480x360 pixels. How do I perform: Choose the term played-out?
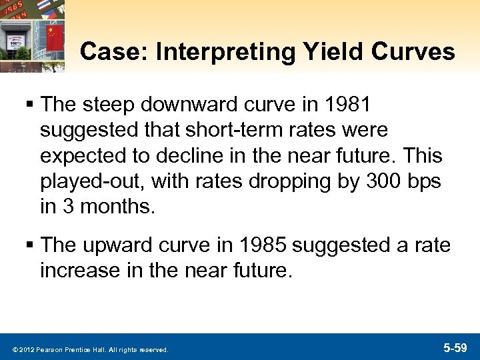(86, 182)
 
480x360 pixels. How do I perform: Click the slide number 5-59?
(457, 347)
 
